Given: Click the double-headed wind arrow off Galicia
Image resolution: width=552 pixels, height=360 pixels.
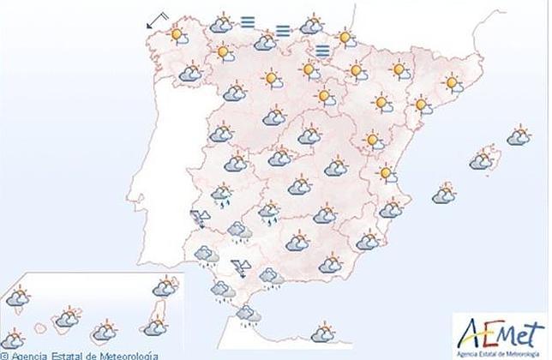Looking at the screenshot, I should click(x=157, y=20).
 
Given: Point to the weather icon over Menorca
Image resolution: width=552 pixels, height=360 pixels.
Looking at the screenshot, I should click(x=518, y=135).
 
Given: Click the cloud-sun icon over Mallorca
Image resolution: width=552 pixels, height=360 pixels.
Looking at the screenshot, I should click(x=483, y=160).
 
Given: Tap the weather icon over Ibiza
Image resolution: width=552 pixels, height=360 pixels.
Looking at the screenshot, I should click(x=443, y=194).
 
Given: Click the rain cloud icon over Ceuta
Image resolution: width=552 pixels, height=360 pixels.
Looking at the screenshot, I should click(x=249, y=315).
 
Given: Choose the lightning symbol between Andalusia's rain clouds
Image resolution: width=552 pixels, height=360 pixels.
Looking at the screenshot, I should click(x=241, y=267).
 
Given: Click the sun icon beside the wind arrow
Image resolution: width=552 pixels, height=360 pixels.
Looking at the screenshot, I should click(x=177, y=36).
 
